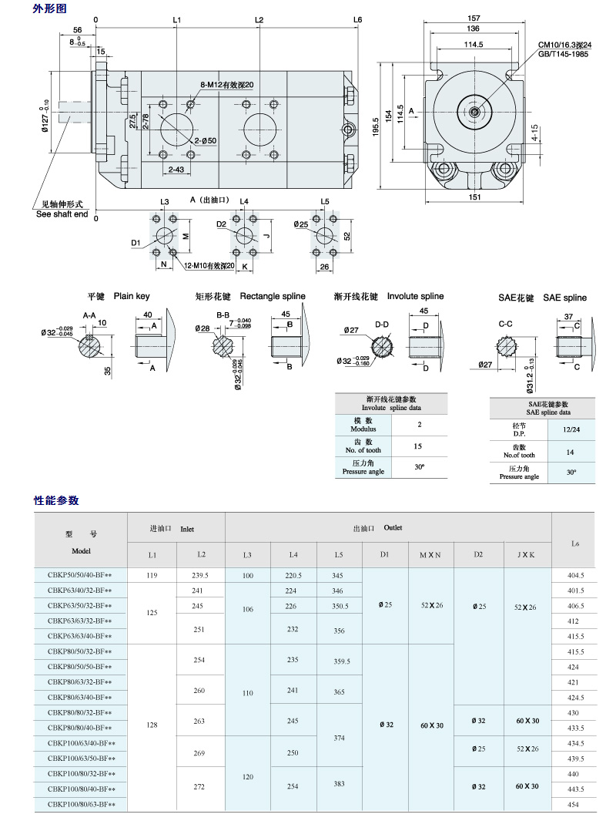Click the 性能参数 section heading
pyautogui.click(x=56, y=500)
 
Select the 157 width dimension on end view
pyautogui.click(x=474, y=19)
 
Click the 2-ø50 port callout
pyautogui.click(x=206, y=140)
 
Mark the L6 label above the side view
pyautogui.click(x=358, y=19)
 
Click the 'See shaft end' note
pyautogui.click(x=62, y=214)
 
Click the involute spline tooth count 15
pyautogui.click(x=419, y=446)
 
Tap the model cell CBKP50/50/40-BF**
pyautogui.click(x=80, y=575)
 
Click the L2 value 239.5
pyautogui.click(x=200, y=575)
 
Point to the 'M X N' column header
pyautogui.click(x=430, y=554)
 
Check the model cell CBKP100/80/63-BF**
pyautogui.click(x=81, y=804)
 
